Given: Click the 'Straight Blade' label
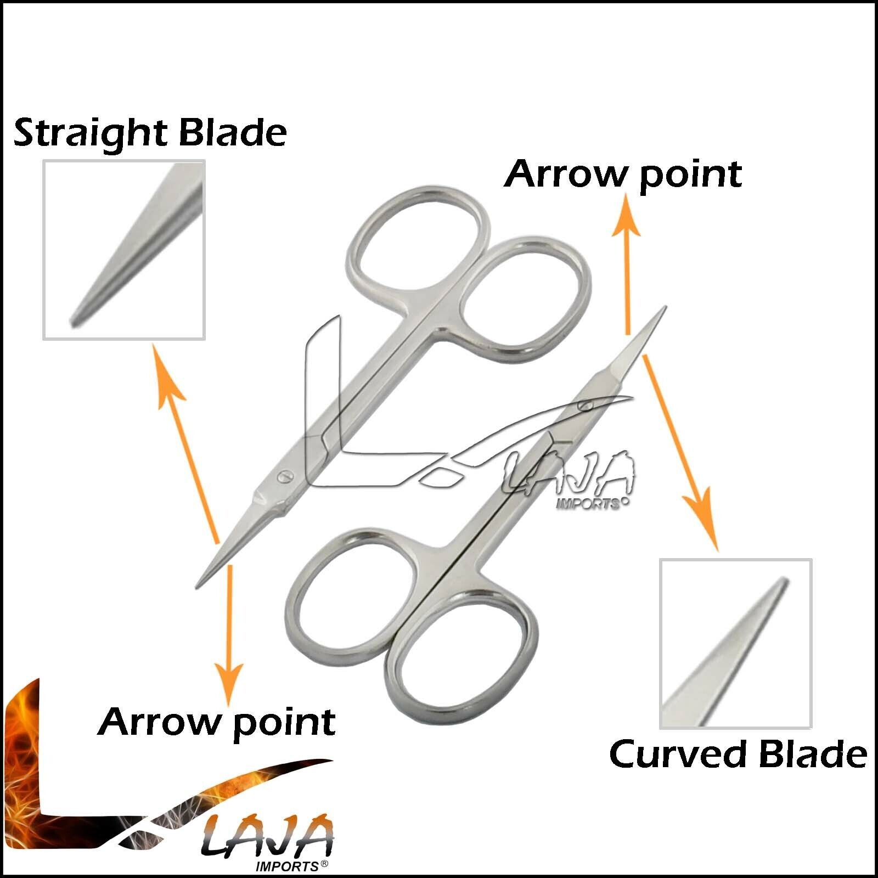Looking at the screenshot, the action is tap(150, 133).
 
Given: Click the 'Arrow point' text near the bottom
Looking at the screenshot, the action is tap(217, 723).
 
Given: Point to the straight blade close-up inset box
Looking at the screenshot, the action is tap(124, 250).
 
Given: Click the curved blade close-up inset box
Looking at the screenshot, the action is tap(735, 644).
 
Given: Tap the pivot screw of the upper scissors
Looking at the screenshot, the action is tap(284, 476).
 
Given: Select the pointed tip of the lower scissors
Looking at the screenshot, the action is tap(666, 307).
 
